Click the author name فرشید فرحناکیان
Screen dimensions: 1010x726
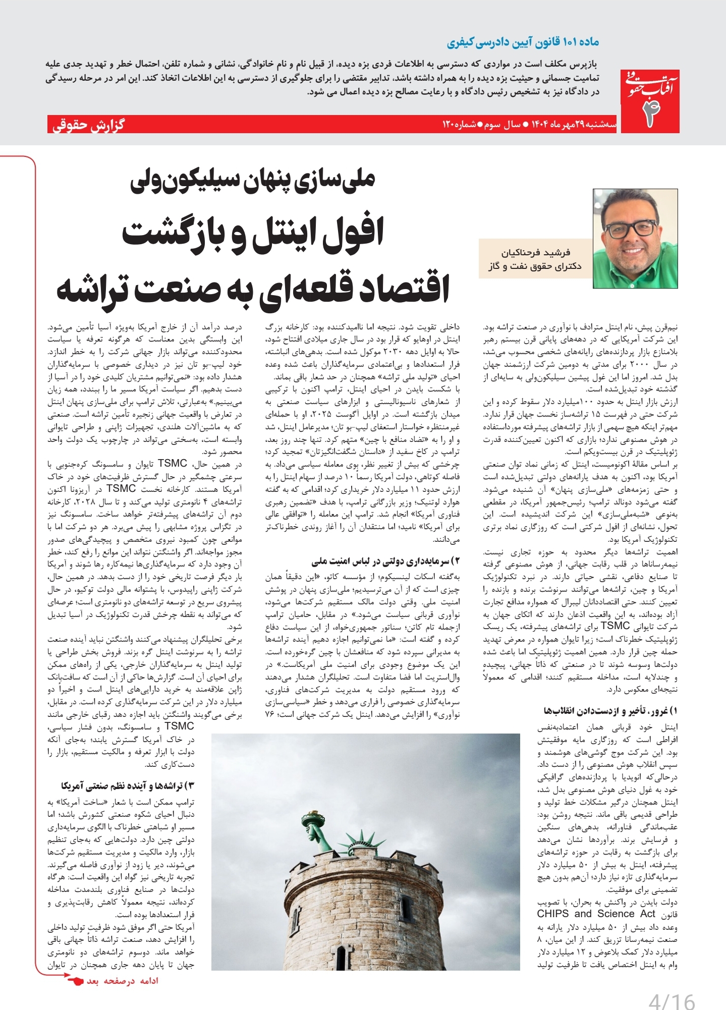tap(535, 252)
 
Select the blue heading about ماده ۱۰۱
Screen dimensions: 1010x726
tap(523, 42)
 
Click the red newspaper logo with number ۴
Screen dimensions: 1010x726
tap(650, 101)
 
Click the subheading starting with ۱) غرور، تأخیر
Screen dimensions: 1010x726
tap(610, 711)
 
